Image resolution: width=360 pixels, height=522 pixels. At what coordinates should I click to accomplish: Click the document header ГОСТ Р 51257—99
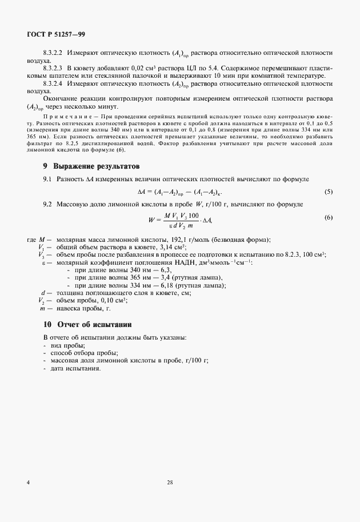point(57,34)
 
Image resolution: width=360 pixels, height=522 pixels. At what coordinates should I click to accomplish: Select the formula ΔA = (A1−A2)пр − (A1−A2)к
point(179,192)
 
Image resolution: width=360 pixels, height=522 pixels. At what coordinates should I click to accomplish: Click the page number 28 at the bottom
point(170,483)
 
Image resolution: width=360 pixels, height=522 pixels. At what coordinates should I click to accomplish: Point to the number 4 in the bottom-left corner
point(28,483)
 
